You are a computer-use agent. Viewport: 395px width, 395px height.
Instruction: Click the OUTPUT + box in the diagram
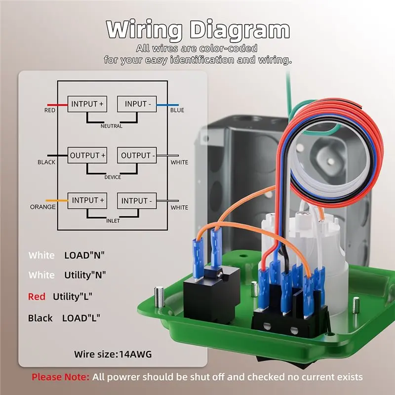[87, 155]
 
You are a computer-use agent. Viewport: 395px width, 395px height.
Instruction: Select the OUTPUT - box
[137, 155]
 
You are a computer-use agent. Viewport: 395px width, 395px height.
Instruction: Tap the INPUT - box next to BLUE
[137, 104]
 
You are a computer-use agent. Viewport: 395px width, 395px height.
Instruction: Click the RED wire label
[50, 110]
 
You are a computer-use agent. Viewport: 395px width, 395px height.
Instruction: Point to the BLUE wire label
[177, 110]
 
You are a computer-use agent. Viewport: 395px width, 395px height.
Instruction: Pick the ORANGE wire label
[42, 207]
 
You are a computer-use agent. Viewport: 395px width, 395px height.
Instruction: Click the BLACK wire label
[46, 162]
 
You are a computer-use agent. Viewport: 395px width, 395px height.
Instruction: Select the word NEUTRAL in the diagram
[112, 126]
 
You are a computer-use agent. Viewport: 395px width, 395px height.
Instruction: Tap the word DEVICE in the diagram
[113, 177]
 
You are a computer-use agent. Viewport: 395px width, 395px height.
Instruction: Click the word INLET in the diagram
[113, 221]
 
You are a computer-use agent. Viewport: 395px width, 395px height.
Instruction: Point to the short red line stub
[57, 105]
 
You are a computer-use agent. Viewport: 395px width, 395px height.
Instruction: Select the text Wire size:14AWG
[113, 354]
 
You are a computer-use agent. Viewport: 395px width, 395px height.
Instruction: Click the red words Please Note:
[60, 377]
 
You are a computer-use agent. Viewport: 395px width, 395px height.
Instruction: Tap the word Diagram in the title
[239, 31]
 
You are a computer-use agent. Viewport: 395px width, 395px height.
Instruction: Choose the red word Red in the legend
[37, 297]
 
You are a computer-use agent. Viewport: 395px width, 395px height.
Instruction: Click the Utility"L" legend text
[73, 297]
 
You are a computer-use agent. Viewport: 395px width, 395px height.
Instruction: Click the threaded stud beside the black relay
[159, 297]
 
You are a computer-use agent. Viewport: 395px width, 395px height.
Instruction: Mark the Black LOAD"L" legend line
[64, 318]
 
